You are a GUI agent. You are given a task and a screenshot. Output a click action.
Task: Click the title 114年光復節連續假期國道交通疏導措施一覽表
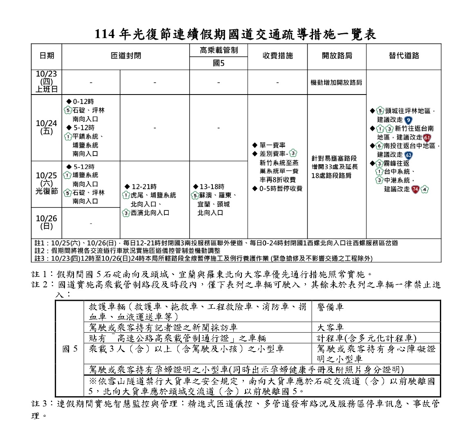pos(235,34)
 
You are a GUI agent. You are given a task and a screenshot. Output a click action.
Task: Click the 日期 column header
pos(47,56)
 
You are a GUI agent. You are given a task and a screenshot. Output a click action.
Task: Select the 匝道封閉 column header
pos(125,56)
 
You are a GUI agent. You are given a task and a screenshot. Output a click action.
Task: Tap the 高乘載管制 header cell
pos(219,50)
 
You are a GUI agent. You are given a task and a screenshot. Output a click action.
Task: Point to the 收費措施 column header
pos(277,56)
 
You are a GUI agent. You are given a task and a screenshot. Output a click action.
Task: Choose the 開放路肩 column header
pos(337,56)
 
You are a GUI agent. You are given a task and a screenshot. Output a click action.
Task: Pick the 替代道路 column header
pos(404,56)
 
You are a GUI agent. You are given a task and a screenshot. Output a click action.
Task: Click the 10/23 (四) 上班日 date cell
pos(47,82)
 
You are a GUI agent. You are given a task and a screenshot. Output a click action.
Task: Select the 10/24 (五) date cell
pos(47,127)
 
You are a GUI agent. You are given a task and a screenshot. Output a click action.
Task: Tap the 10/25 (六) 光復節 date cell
pos(47,183)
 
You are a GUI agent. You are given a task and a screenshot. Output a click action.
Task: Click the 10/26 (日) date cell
pos(47,222)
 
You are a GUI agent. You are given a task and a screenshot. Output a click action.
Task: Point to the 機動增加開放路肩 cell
pos(337,82)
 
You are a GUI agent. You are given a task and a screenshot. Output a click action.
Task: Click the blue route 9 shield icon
pos(408,120)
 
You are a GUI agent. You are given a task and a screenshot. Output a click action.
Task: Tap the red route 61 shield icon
pos(427,138)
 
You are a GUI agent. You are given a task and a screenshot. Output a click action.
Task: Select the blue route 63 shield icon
pos(408,155)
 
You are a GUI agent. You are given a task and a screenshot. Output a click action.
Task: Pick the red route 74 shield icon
pos(415,189)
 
